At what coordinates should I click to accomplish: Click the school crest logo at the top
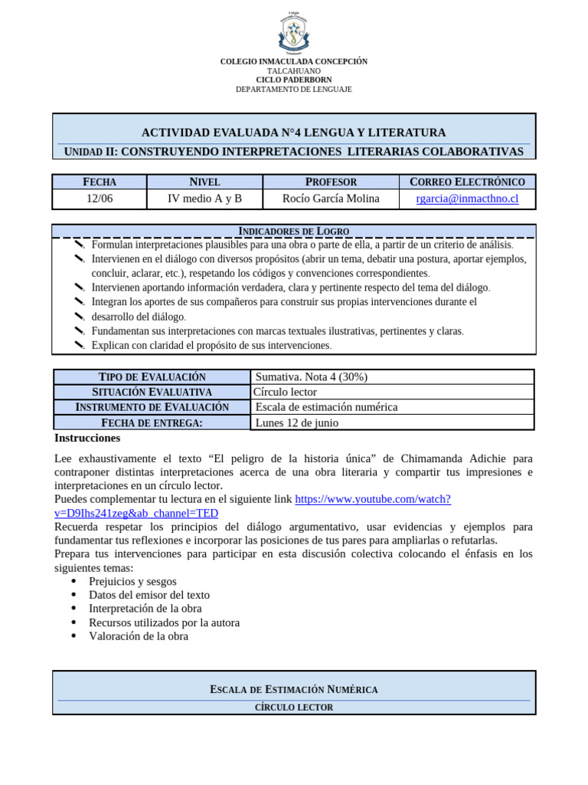pos(293,31)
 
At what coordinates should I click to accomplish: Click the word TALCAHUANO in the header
pos(294,71)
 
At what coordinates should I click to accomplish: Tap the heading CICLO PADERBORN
pos(294,80)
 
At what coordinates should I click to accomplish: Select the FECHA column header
pos(99,182)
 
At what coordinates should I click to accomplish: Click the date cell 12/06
pos(99,199)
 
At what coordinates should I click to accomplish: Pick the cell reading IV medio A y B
pos(204,199)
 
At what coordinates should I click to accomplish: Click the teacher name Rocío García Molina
pos(331,199)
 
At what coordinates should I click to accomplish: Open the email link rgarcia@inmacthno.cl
pos(467,199)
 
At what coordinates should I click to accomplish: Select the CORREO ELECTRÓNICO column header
pos(467,182)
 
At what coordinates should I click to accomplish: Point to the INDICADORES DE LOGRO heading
pos(294,231)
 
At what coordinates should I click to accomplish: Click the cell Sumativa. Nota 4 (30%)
pos(312,377)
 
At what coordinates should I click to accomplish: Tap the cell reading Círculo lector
pos(285,392)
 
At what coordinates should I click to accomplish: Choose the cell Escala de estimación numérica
pos(326,407)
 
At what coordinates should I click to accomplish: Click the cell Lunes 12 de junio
pos(296,422)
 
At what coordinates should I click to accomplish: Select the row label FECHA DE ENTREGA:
pos(152,422)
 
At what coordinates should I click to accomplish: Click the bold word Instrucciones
pos(87,438)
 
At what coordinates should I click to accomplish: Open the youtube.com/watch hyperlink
pos(373,499)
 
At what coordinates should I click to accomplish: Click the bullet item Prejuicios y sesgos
pos(132,581)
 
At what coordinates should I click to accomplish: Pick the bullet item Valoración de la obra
pos(139,636)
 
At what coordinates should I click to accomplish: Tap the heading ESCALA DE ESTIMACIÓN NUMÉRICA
pos(294,689)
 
